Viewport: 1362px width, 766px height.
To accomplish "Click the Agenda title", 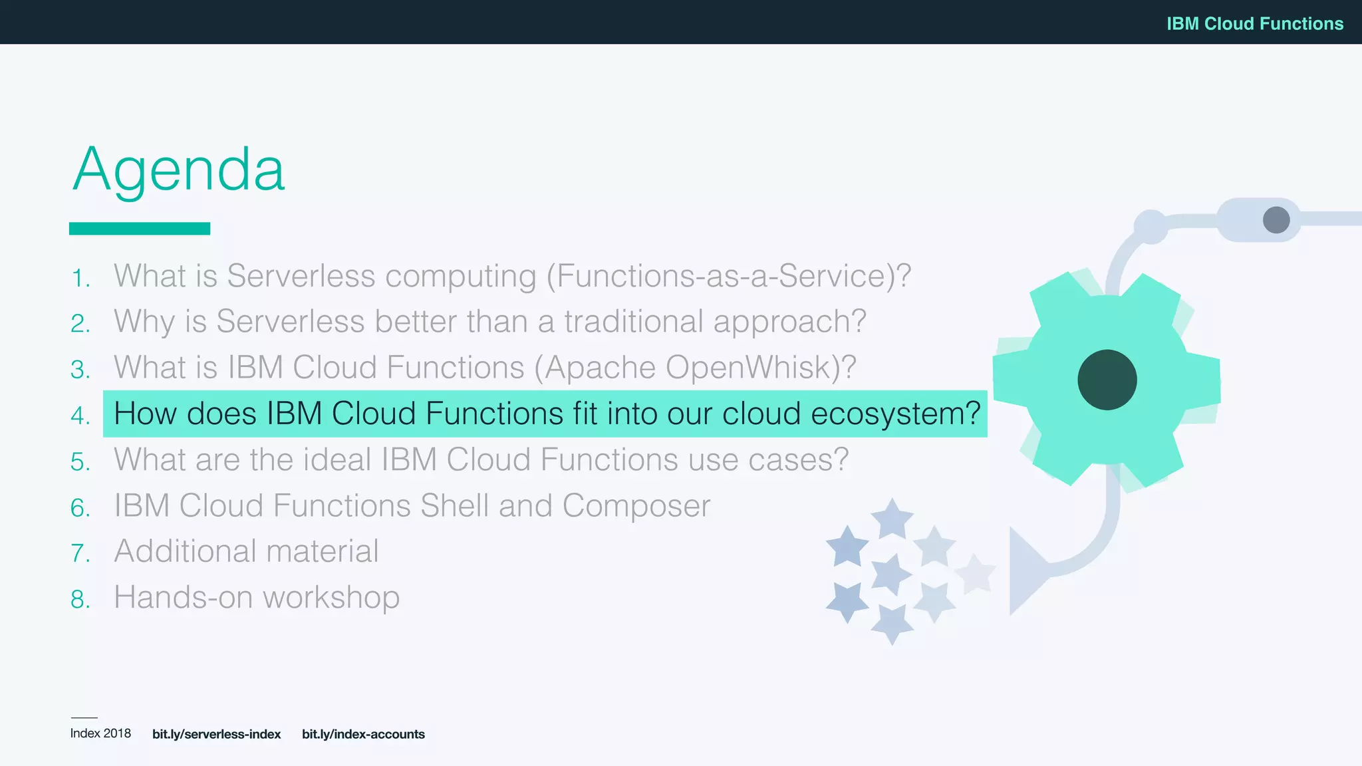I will click(x=178, y=170).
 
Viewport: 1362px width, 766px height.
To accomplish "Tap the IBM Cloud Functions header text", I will click(x=1254, y=23).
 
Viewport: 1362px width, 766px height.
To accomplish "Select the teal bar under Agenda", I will click(x=140, y=229).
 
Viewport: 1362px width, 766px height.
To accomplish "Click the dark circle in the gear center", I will click(x=1107, y=380).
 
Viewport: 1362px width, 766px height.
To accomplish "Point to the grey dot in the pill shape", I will click(x=1276, y=220).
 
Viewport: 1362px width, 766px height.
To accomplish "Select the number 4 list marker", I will click(x=80, y=416).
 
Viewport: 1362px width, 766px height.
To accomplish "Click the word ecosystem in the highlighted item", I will click(x=894, y=414).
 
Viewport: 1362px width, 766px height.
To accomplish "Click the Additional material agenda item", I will click(x=246, y=551).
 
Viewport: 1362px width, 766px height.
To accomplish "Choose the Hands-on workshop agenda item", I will click(x=257, y=597).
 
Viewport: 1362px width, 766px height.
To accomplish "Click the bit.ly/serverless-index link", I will click(x=216, y=734).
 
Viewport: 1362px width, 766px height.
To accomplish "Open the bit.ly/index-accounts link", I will click(x=363, y=734).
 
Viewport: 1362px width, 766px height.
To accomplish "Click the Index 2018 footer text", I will click(x=100, y=733).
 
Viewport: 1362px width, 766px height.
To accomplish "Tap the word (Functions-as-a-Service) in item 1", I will click(x=728, y=276).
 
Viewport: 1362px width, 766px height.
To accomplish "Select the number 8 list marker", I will click(x=80, y=600).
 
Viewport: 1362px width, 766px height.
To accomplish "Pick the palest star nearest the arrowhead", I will click(x=975, y=573).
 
